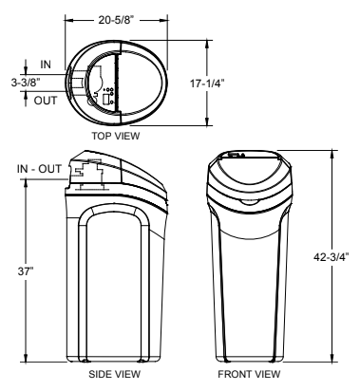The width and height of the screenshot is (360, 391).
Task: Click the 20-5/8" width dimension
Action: [x=116, y=20]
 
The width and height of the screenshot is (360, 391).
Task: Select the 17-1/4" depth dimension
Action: [x=207, y=84]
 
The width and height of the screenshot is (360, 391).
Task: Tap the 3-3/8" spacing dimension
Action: [x=26, y=83]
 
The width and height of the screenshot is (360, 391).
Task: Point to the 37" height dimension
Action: [x=26, y=271]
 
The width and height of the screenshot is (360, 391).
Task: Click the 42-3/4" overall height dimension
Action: [x=332, y=257]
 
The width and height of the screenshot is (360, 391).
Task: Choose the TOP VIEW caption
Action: [x=116, y=136]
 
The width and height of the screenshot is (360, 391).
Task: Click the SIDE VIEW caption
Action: [x=114, y=374]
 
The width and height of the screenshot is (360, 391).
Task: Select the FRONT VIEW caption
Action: [x=249, y=374]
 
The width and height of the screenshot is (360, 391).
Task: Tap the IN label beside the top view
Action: [x=46, y=65]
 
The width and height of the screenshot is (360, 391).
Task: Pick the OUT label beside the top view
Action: [x=46, y=101]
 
